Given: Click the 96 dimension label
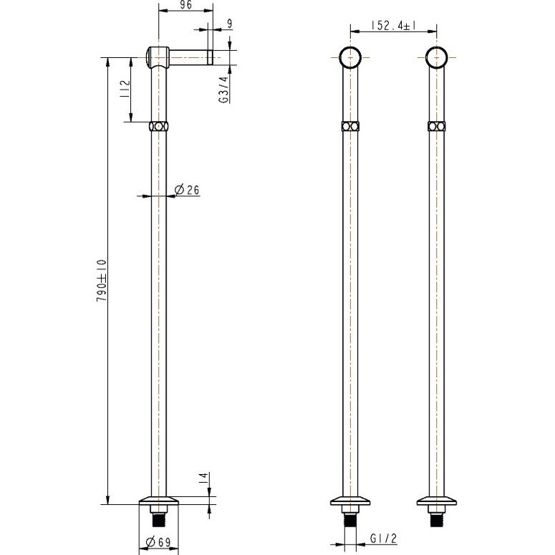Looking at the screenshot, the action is [x=185, y=5].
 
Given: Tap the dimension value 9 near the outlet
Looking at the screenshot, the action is [x=230, y=24].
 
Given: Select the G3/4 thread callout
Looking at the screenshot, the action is [x=224, y=90].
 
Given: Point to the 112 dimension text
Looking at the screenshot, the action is [x=125, y=90].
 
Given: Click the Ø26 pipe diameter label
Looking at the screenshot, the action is [x=187, y=190].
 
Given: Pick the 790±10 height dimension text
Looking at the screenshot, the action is [x=101, y=281].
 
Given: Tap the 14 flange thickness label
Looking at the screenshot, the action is [x=204, y=478].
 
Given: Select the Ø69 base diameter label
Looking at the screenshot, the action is [x=158, y=541].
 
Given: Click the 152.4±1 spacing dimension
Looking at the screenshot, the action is [x=393, y=26].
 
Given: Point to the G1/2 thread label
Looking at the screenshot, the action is [x=384, y=539].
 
